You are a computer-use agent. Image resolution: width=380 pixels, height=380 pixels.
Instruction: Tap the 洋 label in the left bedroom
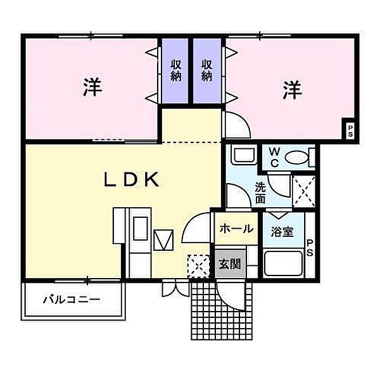coord(92,89)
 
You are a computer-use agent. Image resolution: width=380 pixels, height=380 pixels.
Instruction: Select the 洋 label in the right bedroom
coord(292,90)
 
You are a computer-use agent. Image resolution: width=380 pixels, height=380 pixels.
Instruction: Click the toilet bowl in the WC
coord(298,156)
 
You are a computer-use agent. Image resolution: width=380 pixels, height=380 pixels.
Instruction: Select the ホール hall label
coord(236,229)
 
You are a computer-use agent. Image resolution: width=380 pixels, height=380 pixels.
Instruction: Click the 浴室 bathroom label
coord(282,231)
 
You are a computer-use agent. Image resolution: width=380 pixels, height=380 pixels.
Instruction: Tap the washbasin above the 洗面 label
coord(241,156)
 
